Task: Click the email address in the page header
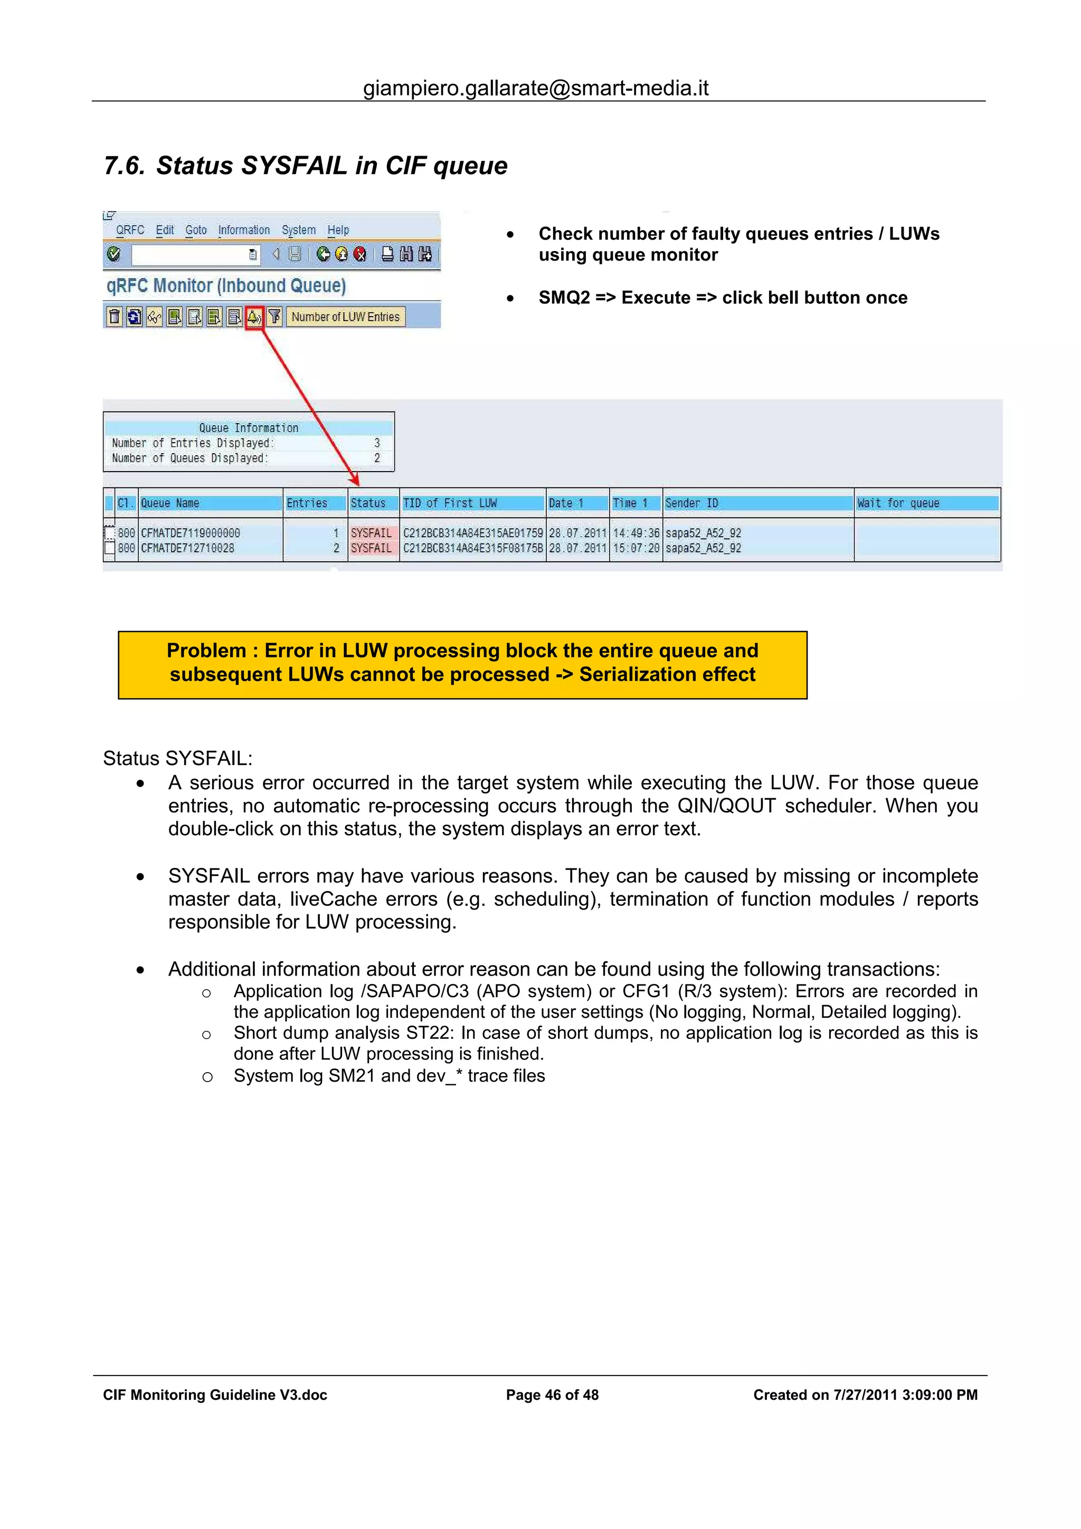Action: (536, 88)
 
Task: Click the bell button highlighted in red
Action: (254, 317)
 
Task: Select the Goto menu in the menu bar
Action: (196, 230)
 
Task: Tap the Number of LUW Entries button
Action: (345, 317)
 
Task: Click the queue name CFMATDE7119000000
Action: (191, 533)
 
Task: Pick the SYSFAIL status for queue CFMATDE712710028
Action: (371, 548)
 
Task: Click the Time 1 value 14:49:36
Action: (636, 533)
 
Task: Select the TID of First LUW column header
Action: (450, 503)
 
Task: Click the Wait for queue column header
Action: (898, 503)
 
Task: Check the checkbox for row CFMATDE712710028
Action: (110, 548)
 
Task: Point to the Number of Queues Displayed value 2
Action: (377, 458)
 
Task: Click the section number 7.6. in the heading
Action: (125, 166)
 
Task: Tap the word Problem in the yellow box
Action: (206, 651)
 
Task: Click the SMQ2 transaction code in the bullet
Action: (564, 298)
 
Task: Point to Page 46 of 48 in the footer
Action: (552, 1395)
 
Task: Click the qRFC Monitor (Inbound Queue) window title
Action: (226, 285)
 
